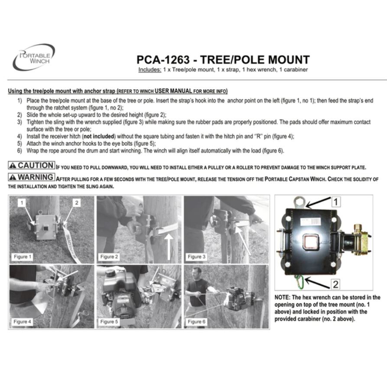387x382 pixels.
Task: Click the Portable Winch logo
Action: [x=34, y=57]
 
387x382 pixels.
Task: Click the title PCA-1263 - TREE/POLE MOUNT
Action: [x=223, y=59]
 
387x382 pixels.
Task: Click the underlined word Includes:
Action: [x=150, y=69]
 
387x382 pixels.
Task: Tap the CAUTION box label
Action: [x=32, y=165]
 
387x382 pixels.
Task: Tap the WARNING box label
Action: [x=32, y=177]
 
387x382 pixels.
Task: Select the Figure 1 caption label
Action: [x=23, y=257]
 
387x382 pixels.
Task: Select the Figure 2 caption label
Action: [x=110, y=257]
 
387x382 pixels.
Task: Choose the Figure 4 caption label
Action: [x=23, y=322]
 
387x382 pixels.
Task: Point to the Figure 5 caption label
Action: [x=110, y=322]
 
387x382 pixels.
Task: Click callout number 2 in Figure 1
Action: [x=77, y=202]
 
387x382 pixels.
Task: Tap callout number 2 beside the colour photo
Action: [x=336, y=284]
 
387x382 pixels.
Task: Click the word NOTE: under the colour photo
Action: [x=284, y=297]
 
